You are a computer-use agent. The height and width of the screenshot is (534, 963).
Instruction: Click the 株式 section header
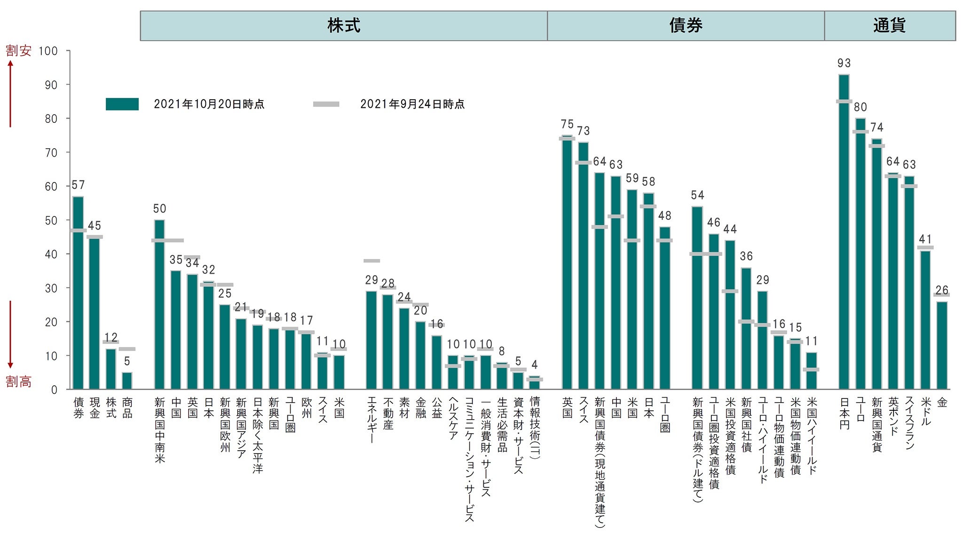(344, 25)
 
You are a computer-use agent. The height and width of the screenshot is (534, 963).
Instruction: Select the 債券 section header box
(686, 25)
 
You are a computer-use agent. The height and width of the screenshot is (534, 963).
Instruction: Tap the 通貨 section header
(890, 25)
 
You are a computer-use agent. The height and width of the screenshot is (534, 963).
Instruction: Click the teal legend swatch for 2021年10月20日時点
(122, 104)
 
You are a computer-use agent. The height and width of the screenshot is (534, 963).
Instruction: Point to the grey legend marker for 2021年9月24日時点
(326, 104)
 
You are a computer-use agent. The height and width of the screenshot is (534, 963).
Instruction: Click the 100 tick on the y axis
(48, 51)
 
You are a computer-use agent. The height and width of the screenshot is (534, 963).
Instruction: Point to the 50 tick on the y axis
(51, 220)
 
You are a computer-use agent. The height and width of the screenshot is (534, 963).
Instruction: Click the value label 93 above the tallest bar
(844, 63)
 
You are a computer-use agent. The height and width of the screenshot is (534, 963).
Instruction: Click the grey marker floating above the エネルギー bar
(372, 261)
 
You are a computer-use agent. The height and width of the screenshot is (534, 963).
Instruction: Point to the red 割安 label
(18, 51)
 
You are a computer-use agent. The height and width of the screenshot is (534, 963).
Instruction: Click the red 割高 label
(18, 382)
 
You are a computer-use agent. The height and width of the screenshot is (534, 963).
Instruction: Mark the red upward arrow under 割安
(10, 94)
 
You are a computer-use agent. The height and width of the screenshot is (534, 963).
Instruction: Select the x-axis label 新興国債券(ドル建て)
(698, 449)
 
